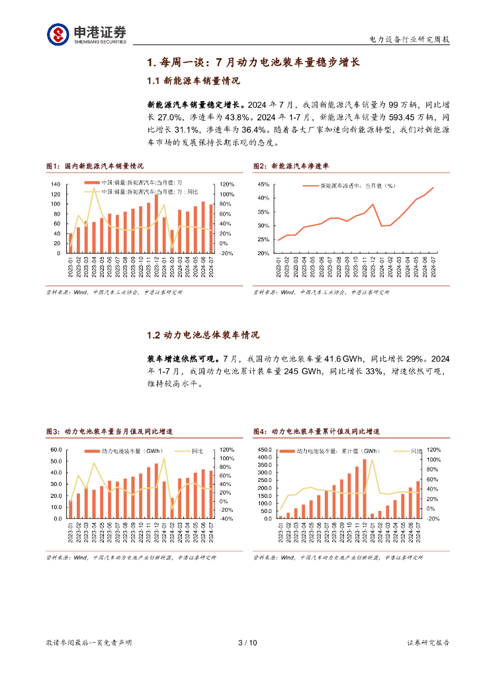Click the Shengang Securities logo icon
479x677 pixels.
click(x=58, y=34)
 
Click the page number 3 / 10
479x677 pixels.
click(x=246, y=643)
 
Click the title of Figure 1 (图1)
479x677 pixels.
click(x=94, y=166)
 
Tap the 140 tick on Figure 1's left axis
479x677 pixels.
click(x=55, y=184)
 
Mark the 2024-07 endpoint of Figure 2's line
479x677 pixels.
click(x=433, y=188)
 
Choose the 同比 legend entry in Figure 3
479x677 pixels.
click(x=197, y=452)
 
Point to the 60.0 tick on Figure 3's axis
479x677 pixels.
click(x=56, y=450)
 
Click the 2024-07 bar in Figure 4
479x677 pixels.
click(x=418, y=499)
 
